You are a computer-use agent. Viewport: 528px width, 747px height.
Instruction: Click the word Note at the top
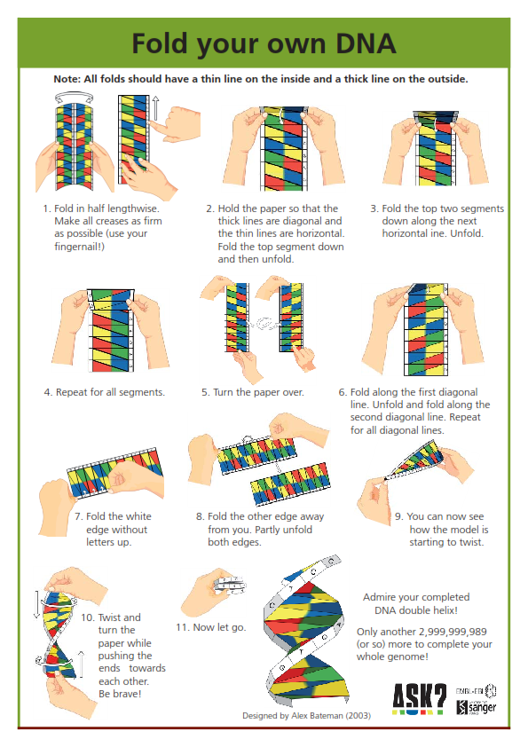[69, 79]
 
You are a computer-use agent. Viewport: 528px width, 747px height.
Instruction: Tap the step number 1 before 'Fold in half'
[44, 209]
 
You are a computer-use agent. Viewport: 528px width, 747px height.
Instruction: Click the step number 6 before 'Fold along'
[342, 391]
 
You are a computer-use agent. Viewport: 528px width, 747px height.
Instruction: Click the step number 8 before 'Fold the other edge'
[199, 516]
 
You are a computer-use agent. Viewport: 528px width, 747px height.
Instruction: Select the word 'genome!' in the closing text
[409, 657]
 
